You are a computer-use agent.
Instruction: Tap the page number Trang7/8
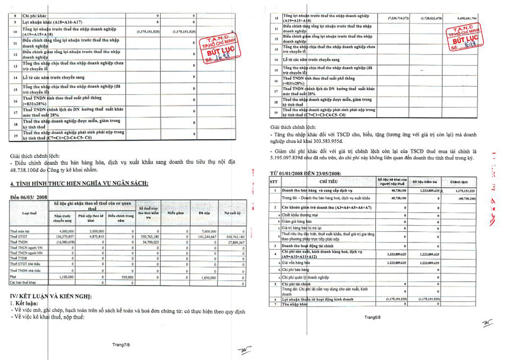122,342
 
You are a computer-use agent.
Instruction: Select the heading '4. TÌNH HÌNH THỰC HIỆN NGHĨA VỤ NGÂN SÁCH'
79,183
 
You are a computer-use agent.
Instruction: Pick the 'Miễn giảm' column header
175,212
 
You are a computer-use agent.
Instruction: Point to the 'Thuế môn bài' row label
21,232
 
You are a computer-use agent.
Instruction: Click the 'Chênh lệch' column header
460,182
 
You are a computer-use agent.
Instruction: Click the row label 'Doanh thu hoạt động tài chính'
311,247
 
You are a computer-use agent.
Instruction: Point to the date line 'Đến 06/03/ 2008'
29,197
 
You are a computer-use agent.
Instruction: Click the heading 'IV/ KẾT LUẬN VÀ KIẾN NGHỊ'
51,296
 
